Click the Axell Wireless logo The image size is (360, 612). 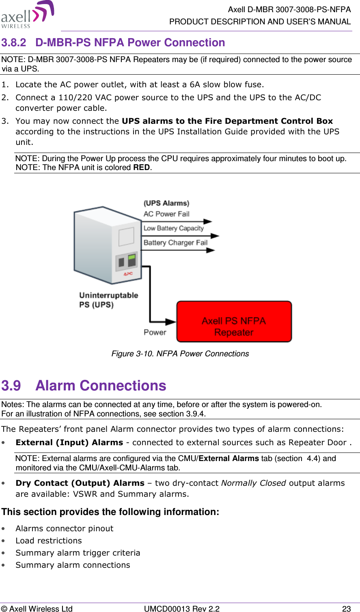(x=28, y=15)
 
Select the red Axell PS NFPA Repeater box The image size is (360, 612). (x=234, y=322)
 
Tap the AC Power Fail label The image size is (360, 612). (x=166, y=214)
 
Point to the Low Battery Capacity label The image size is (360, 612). (x=173, y=228)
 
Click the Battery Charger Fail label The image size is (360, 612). (x=175, y=243)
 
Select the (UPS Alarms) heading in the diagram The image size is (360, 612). (x=166, y=203)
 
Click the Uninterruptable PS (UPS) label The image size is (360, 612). (x=108, y=300)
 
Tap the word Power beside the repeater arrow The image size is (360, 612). (x=155, y=332)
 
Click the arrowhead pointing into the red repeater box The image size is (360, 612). (x=171, y=322)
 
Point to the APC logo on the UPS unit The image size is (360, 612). (x=128, y=274)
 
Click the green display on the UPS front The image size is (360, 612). (x=131, y=257)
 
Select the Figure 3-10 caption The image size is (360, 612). (x=180, y=354)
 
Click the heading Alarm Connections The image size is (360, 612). (x=101, y=386)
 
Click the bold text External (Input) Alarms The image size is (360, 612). (x=69, y=442)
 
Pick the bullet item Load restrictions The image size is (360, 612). (x=49, y=541)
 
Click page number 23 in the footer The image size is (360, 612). (x=346, y=608)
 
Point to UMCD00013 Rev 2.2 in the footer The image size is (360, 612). (x=182, y=608)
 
